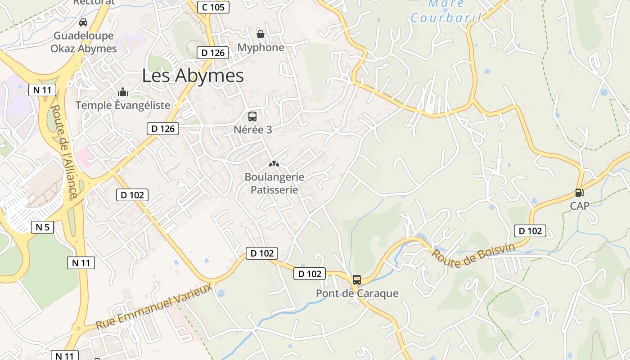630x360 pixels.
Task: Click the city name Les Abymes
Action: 193,76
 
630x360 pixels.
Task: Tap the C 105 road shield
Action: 213,7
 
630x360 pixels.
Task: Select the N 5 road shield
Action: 42,227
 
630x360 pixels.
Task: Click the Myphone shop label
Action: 261,47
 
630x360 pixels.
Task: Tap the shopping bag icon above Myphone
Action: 261,34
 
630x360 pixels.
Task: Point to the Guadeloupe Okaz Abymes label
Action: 84,42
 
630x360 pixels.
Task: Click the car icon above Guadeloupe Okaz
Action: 83,22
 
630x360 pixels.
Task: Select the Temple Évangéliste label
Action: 123,105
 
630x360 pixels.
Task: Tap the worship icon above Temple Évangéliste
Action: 122,93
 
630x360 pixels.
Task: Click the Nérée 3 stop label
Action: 253,130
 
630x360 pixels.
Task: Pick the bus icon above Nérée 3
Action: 252,117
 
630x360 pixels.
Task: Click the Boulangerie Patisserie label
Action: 274,183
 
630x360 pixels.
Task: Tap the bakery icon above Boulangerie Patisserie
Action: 274,164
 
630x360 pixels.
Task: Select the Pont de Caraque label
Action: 357,293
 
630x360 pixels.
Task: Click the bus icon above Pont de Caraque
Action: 357,280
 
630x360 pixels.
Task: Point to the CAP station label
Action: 580,206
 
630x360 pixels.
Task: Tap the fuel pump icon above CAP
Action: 580,193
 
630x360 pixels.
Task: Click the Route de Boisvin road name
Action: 473,256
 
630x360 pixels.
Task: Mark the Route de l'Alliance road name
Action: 64,152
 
